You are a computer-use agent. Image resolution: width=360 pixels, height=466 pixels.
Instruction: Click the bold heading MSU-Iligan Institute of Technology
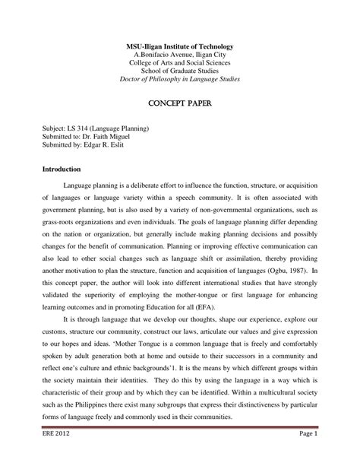click(179, 48)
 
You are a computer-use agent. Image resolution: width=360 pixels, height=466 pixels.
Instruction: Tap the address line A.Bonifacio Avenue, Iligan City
click(179, 58)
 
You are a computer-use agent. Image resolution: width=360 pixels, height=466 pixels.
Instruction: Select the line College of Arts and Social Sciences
click(179, 67)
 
